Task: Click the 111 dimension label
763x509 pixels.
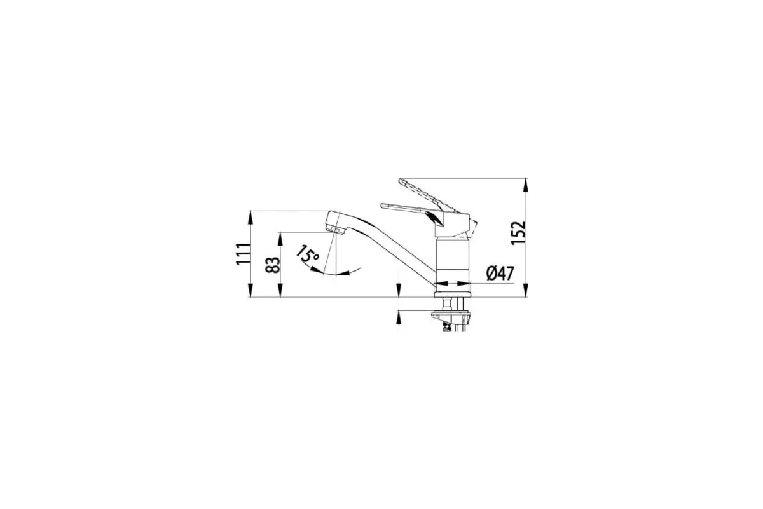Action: (x=243, y=254)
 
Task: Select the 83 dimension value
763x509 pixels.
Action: (x=273, y=265)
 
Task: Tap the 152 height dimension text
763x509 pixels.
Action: (x=518, y=233)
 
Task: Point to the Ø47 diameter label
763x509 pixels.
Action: (x=500, y=273)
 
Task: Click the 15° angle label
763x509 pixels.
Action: (x=307, y=254)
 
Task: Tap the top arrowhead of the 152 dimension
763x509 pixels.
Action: (x=526, y=185)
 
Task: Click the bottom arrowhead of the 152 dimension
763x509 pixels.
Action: (x=526, y=290)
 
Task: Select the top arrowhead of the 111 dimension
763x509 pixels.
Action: (x=251, y=218)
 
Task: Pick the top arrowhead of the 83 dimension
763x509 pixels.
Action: (x=280, y=239)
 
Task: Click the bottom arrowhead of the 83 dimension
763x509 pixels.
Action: (x=280, y=290)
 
